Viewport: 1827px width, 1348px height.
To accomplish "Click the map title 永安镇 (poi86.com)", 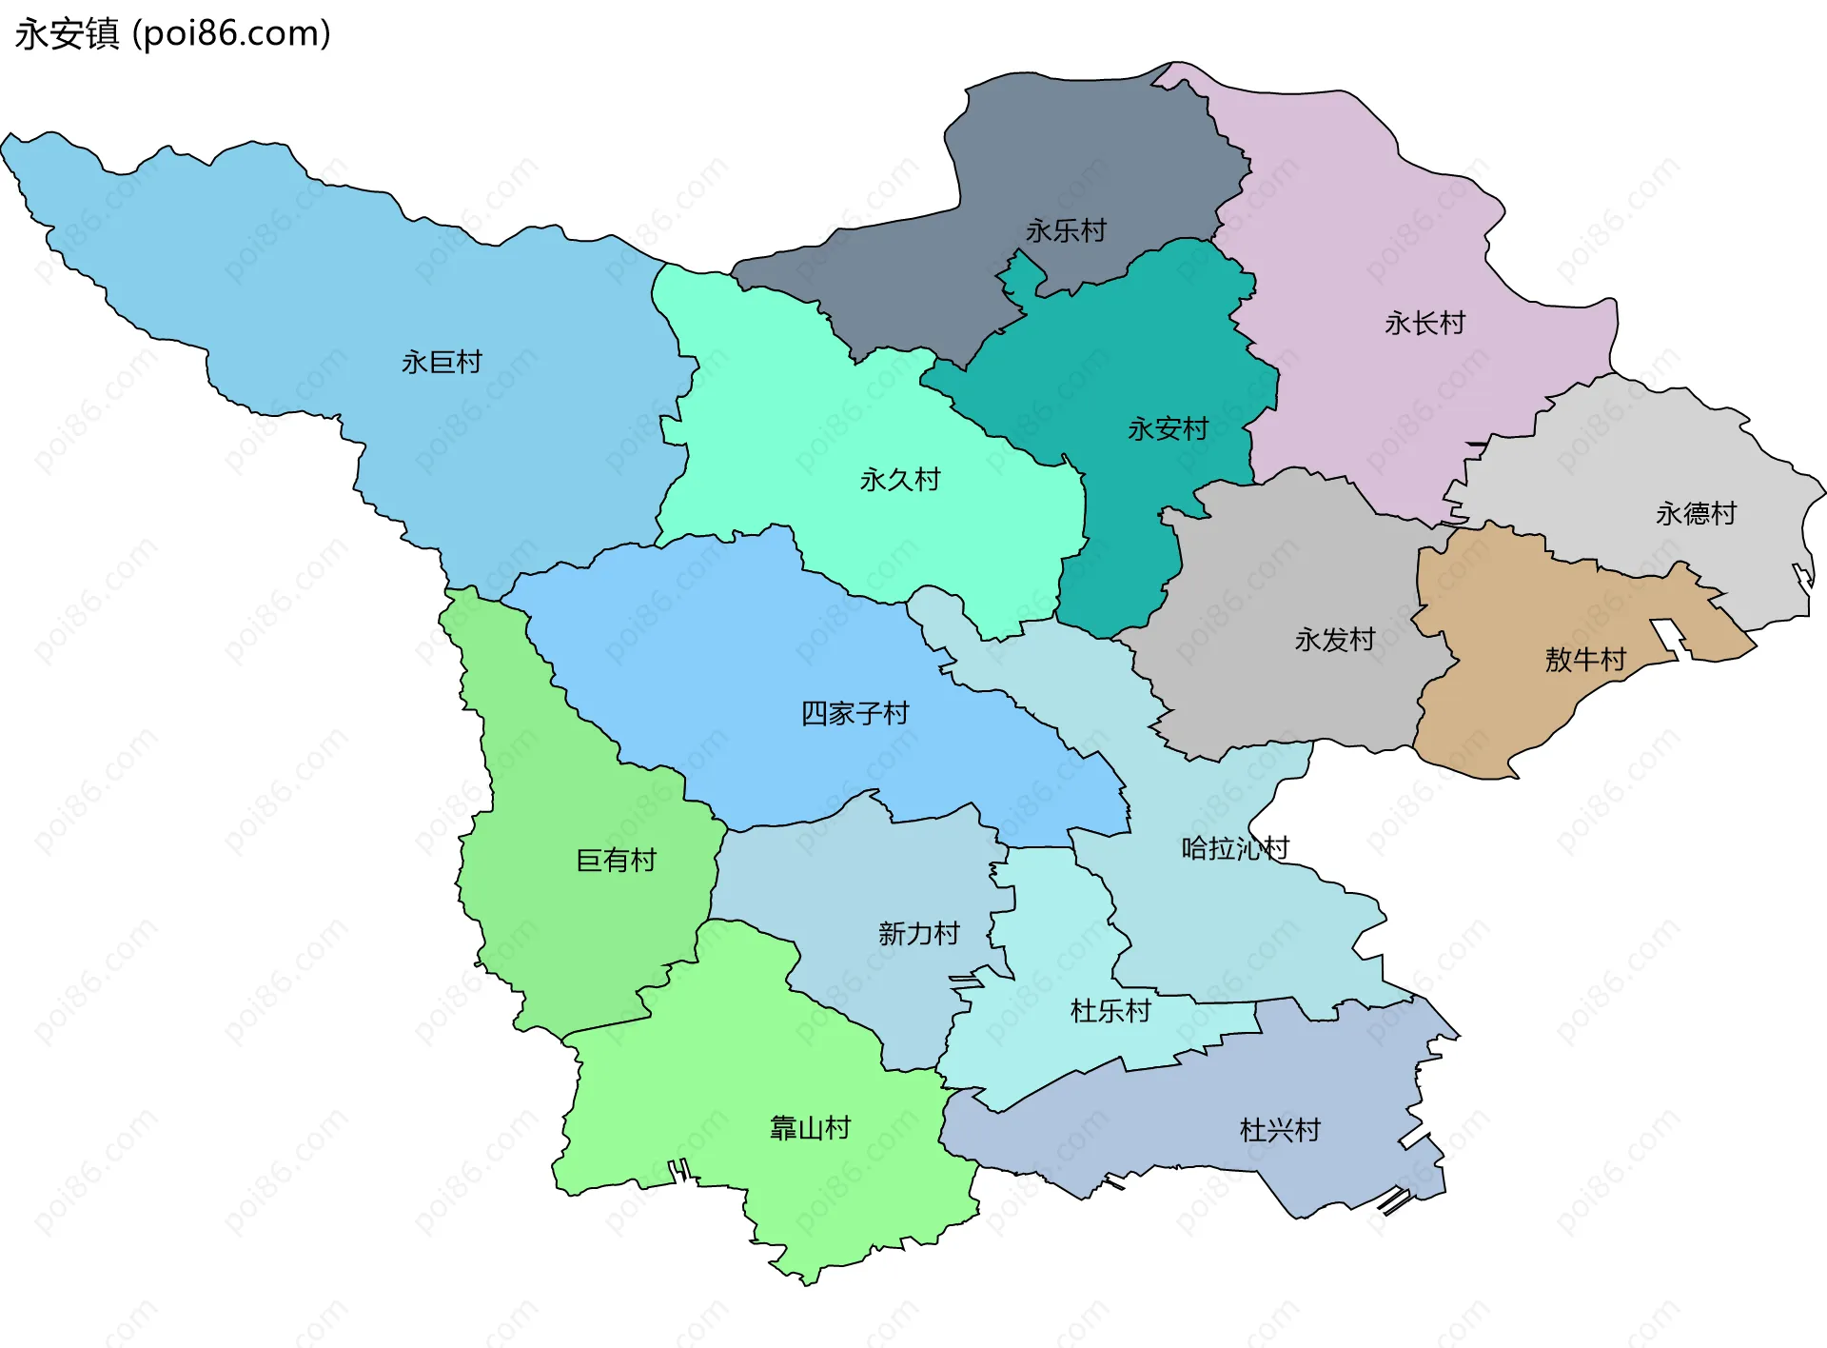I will point(172,34).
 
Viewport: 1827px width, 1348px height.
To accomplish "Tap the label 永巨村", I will point(442,363).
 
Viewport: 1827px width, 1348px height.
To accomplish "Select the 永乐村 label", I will point(1066,231).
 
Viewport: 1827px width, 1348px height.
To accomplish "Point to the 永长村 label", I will point(1424,324).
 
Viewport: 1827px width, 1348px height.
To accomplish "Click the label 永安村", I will point(1168,429).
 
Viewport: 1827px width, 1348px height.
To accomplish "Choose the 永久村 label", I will point(899,480).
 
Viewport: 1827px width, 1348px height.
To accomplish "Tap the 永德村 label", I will point(1696,514).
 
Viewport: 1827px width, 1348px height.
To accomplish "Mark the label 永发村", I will point(1335,640).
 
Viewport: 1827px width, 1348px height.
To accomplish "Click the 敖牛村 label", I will point(1585,660).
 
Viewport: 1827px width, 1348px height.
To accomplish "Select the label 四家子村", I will point(855,714).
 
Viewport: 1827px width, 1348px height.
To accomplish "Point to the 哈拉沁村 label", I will point(1234,848).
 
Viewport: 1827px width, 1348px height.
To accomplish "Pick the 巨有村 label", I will point(616,861).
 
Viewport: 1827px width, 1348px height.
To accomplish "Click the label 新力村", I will point(918,934).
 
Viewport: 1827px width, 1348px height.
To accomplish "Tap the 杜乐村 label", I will point(1110,1011).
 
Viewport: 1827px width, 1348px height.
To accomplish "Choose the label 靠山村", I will point(810,1129).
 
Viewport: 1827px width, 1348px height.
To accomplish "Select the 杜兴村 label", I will point(1280,1131).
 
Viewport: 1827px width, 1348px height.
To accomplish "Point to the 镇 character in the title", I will point(102,34).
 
